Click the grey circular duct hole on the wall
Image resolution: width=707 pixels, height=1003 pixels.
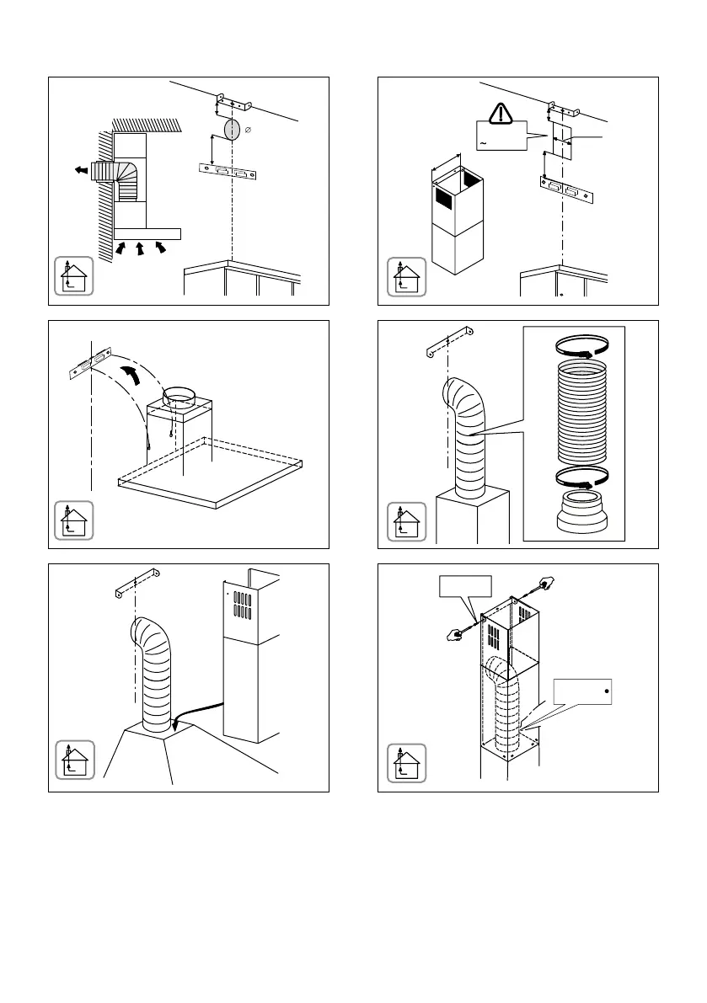click(228, 131)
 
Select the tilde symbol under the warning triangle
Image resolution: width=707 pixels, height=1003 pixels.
click(483, 144)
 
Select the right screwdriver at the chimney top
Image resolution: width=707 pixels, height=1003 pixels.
click(544, 583)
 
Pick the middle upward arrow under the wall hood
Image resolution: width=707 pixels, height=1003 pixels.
click(141, 248)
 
